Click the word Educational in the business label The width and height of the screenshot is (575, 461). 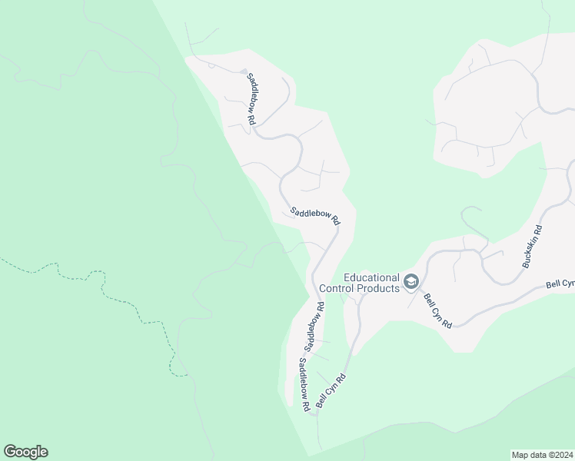372,277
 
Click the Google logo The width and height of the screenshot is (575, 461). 25,452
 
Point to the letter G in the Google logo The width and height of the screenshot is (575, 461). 10,452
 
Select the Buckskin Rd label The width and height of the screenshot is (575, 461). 532,247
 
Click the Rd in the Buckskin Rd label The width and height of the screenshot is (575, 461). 538,230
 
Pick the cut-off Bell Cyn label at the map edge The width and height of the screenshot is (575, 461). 560,284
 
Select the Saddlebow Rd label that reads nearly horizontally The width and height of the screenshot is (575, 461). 314,214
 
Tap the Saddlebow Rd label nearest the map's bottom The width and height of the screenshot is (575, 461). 304,383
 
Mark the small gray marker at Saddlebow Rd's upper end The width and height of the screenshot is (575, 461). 244,72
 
